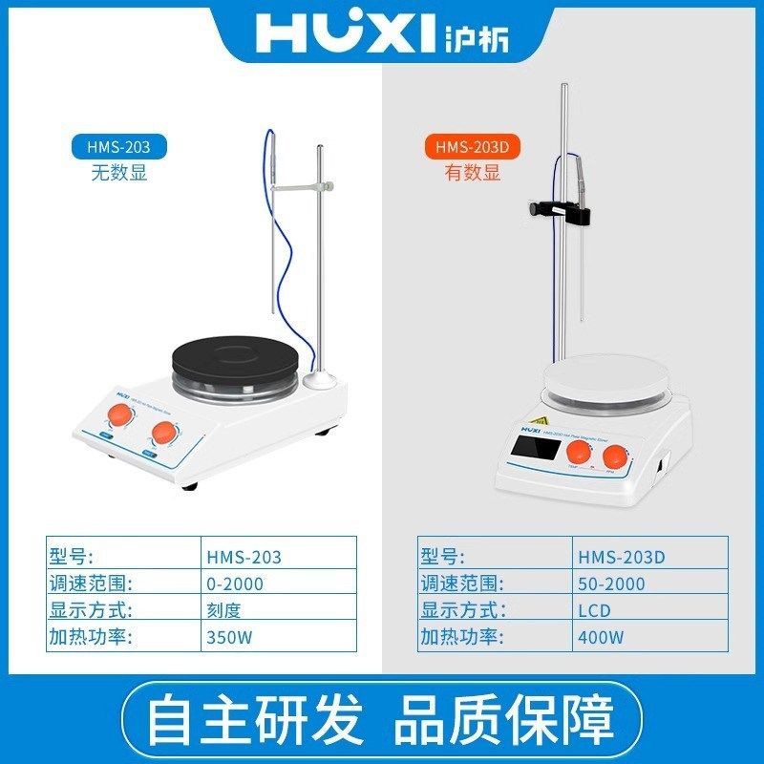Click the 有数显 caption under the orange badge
click(472, 173)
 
